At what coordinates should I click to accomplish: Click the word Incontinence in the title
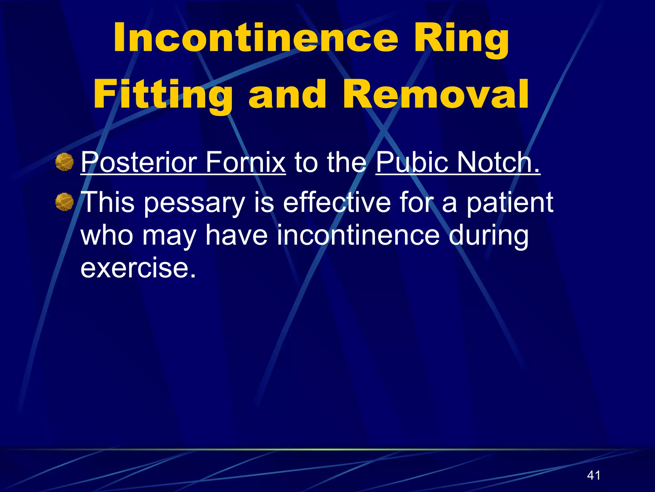click(256, 38)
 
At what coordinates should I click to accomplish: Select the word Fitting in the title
click(163, 95)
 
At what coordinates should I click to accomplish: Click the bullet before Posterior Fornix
click(64, 162)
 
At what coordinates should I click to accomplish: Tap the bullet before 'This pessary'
click(64, 202)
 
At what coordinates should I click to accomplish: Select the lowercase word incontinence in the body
click(358, 235)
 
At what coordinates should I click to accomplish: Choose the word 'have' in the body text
click(236, 235)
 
